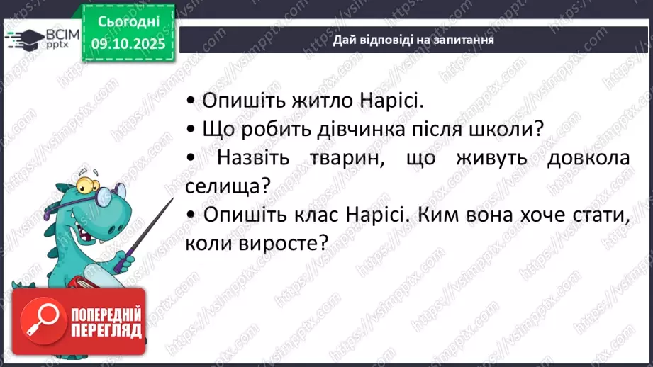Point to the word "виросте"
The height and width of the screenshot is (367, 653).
(x=282, y=243)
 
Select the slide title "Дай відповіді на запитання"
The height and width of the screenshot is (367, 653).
(x=413, y=40)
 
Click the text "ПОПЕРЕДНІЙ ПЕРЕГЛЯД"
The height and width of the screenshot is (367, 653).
(x=106, y=322)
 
